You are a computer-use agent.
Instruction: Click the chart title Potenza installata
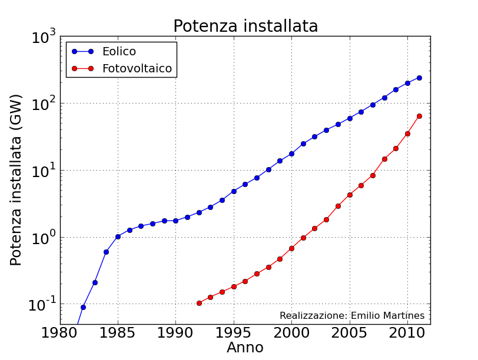click(245, 26)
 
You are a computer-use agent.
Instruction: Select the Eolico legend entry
click(119, 51)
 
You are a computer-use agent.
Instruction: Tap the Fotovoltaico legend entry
click(137, 68)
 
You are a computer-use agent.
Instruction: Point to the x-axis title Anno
click(245, 348)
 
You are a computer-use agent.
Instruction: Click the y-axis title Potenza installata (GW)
click(16, 179)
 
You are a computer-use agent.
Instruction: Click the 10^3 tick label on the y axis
click(44, 38)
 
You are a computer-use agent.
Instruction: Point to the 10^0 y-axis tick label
click(44, 238)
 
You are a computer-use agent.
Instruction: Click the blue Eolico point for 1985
click(118, 236)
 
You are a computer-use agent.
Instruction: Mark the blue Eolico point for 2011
click(419, 78)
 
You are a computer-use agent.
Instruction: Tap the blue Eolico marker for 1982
click(83, 307)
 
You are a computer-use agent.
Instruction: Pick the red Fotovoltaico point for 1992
click(199, 303)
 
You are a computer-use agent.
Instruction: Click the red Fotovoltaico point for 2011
click(419, 116)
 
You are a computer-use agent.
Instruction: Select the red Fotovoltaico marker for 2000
click(291, 248)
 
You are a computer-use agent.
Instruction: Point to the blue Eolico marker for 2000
click(291, 154)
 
